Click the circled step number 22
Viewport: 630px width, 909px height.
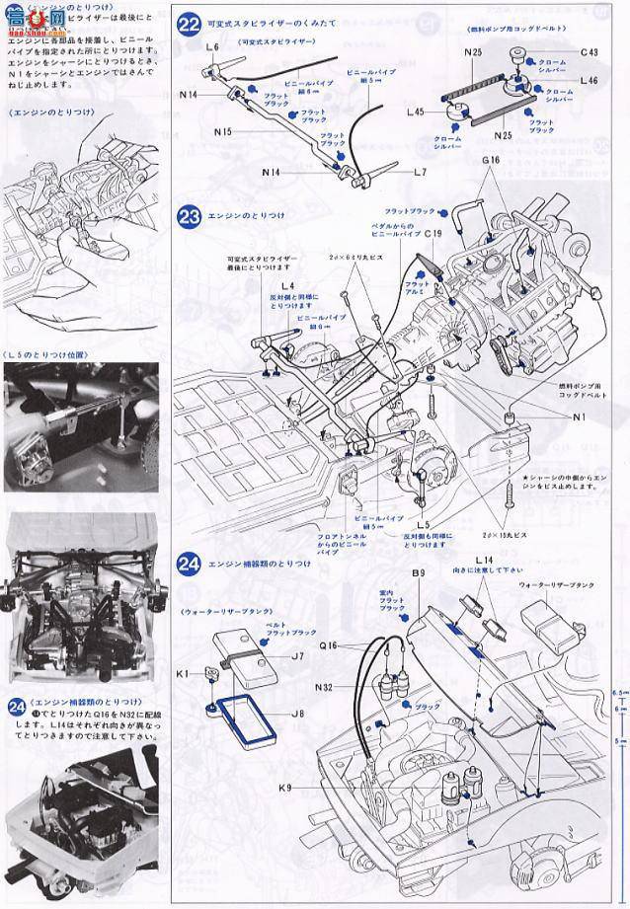[x=190, y=24]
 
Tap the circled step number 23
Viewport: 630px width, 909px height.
[x=190, y=215]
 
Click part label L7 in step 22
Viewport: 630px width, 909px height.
[x=420, y=172]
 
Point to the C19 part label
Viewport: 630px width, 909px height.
[x=432, y=236]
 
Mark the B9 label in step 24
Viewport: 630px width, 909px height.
[x=417, y=572]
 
